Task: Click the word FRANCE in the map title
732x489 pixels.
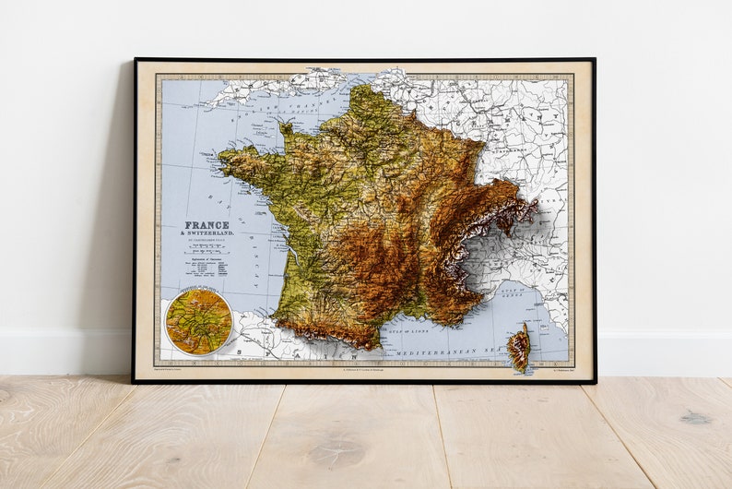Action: (x=207, y=225)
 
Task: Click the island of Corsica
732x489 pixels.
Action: (x=519, y=347)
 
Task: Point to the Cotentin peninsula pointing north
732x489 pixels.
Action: (x=286, y=128)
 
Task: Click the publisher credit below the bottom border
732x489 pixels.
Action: (x=364, y=371)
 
